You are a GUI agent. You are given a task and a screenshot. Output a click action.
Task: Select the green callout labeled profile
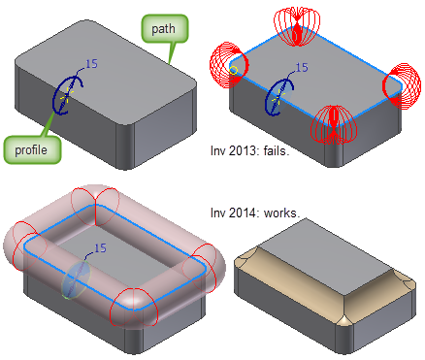[32, 149]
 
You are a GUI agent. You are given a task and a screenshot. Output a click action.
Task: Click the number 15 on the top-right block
[301, 68]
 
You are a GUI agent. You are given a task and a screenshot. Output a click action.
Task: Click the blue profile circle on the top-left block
[67, 94]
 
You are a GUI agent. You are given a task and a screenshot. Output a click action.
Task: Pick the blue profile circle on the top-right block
[279, 95]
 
